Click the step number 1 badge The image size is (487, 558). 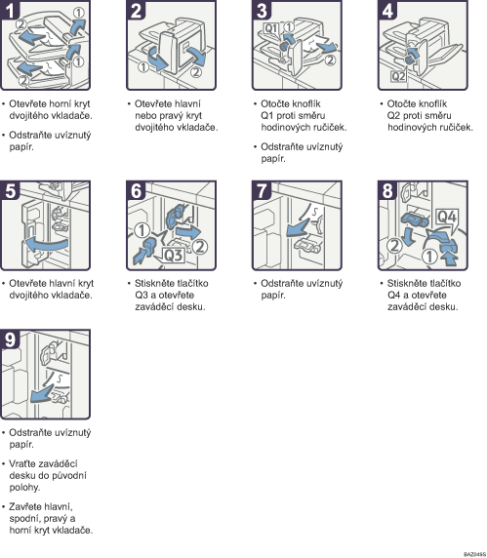pos(9,10)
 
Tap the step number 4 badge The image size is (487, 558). pos(387,10)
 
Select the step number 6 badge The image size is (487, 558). pos(136,190)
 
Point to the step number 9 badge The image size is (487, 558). pos(10,339)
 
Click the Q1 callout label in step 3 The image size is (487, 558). pos(271,28)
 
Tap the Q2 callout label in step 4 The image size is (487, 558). pos(398,76)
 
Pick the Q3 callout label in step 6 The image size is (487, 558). pos(174,256)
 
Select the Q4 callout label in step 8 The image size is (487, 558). pos(446,217)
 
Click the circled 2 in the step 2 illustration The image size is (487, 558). pos(195,72)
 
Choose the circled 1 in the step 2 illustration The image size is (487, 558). pos(143,66)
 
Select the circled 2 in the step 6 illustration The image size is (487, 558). pos(200,247)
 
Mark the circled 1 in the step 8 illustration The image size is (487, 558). pos(429,257)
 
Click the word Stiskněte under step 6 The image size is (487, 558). pos(153,283)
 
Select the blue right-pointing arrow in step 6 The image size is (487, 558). pos(188,231)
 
